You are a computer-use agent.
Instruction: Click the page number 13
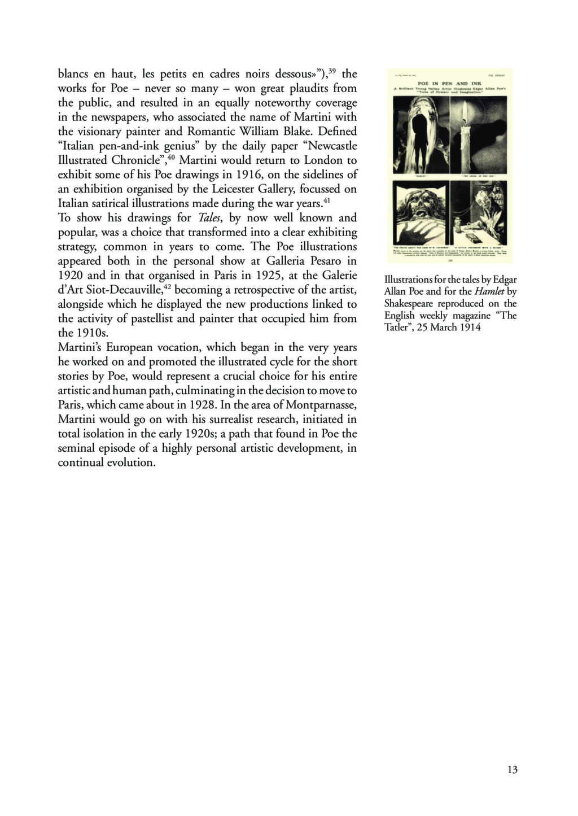point(513,769)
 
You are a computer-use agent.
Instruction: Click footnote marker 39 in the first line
point(332,71)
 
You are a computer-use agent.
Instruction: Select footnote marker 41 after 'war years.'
point(326,200)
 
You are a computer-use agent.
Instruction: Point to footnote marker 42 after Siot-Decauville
point(168,287)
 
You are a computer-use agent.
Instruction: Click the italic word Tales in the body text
point(210,218)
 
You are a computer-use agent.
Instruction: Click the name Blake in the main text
point(291,132)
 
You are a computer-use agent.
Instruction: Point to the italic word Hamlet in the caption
point(489,291)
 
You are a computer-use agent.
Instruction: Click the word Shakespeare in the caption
point(409,303)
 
